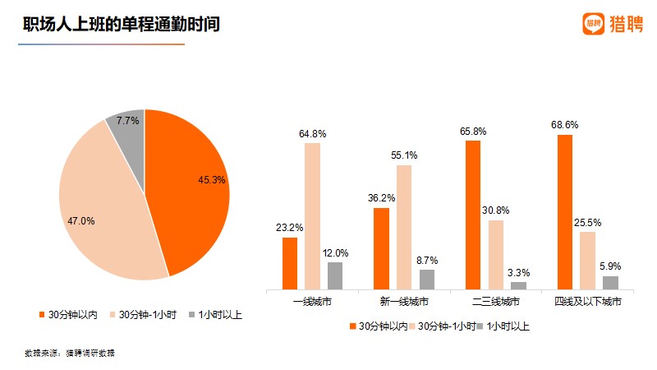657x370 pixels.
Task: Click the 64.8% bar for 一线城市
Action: point(312,216)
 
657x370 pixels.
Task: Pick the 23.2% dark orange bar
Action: point(289,263)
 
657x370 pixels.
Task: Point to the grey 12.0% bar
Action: point(335,275)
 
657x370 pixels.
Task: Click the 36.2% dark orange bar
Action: point(381,248)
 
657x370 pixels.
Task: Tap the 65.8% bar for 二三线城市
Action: point(473,215)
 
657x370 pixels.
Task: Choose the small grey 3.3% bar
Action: point(518,285)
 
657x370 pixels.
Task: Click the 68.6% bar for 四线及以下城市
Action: point(565,211)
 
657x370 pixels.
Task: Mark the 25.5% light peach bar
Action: point(587,260)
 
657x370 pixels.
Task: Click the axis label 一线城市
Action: point(312,303)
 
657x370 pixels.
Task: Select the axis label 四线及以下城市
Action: point(587,303)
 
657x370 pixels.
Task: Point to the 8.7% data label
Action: point(427,259)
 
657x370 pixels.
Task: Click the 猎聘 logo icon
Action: point(594,24)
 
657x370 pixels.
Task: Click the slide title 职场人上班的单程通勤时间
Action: point(122,25)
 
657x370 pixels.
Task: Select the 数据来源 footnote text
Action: point(70,353)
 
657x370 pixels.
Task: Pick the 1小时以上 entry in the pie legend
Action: point(215,315)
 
